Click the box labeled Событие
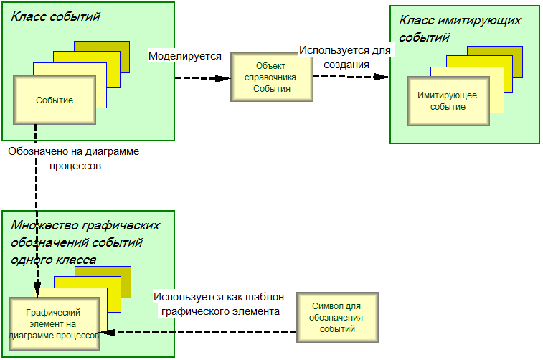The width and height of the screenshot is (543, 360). coord(55,100)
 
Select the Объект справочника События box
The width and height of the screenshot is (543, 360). coord(272,77)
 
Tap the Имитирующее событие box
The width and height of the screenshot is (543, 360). coord(448,101)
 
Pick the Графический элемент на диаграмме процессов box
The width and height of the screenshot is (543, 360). coord(52,323)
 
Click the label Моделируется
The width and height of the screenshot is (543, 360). coord(184,55)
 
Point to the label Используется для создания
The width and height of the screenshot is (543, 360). coord(346,57)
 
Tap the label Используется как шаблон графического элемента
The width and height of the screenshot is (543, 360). coord(219,304)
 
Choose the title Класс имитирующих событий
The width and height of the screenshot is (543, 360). coord(459,29)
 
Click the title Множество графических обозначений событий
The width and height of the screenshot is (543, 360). coord(85,234)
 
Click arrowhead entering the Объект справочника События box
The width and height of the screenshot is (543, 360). coord(225,77)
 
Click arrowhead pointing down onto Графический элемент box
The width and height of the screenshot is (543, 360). coord(36,291)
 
